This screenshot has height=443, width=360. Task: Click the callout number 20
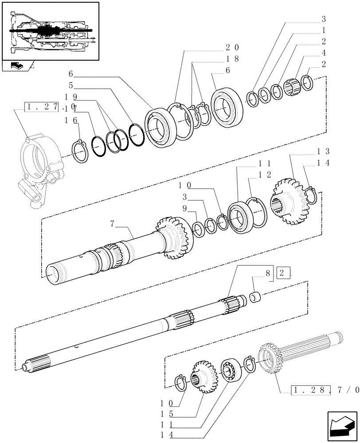[x=232, y=47]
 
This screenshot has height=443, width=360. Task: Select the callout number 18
[x=232, y=59]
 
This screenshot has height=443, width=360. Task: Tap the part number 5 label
[x=70, y=85]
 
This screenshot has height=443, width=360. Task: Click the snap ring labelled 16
[x=79, y=152]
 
